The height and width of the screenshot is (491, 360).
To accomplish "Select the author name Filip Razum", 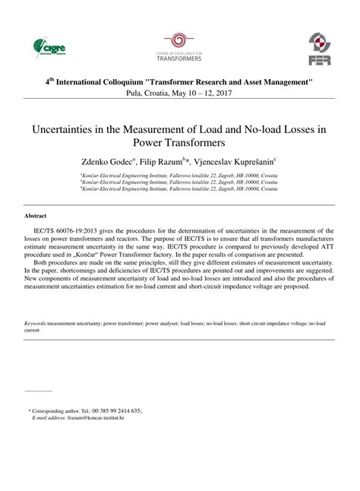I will click(x=165, y=161).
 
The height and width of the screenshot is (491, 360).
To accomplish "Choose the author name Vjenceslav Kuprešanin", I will click(x=235, y=161).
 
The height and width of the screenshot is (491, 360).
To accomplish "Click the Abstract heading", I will click(x=37, y=216).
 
